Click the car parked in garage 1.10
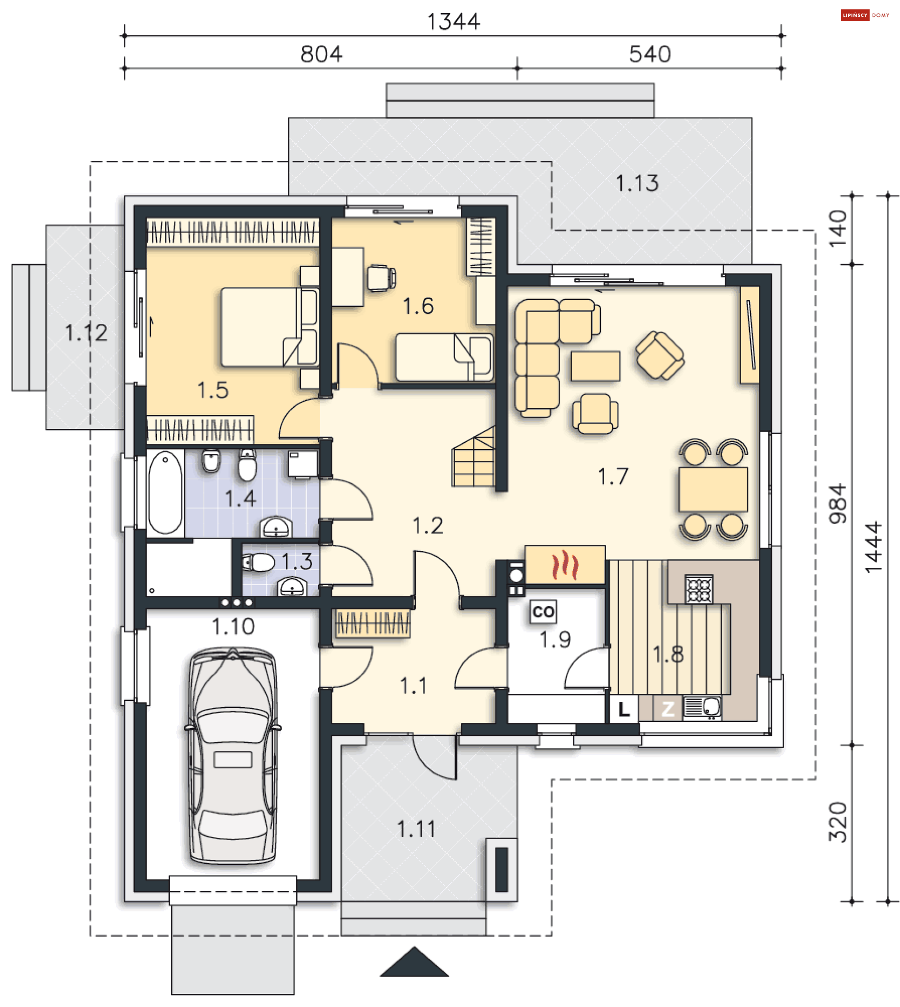tap(233, 757)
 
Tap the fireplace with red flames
tap(565, 565)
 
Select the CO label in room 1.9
tap(543, 612)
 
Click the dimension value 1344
tap(453, 22)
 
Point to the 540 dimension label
tap(650, 54)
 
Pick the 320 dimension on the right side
tap(838, 822)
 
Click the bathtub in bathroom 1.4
tap(165, 493)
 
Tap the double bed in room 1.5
tap(270, 327)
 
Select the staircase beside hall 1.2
tap(473, 457)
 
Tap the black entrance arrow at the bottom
tap(414, 962)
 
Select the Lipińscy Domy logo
tap(865, 15)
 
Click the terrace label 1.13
tap(637, 183)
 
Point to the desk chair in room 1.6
tap(381, 278)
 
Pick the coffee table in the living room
tap(595, 366)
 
